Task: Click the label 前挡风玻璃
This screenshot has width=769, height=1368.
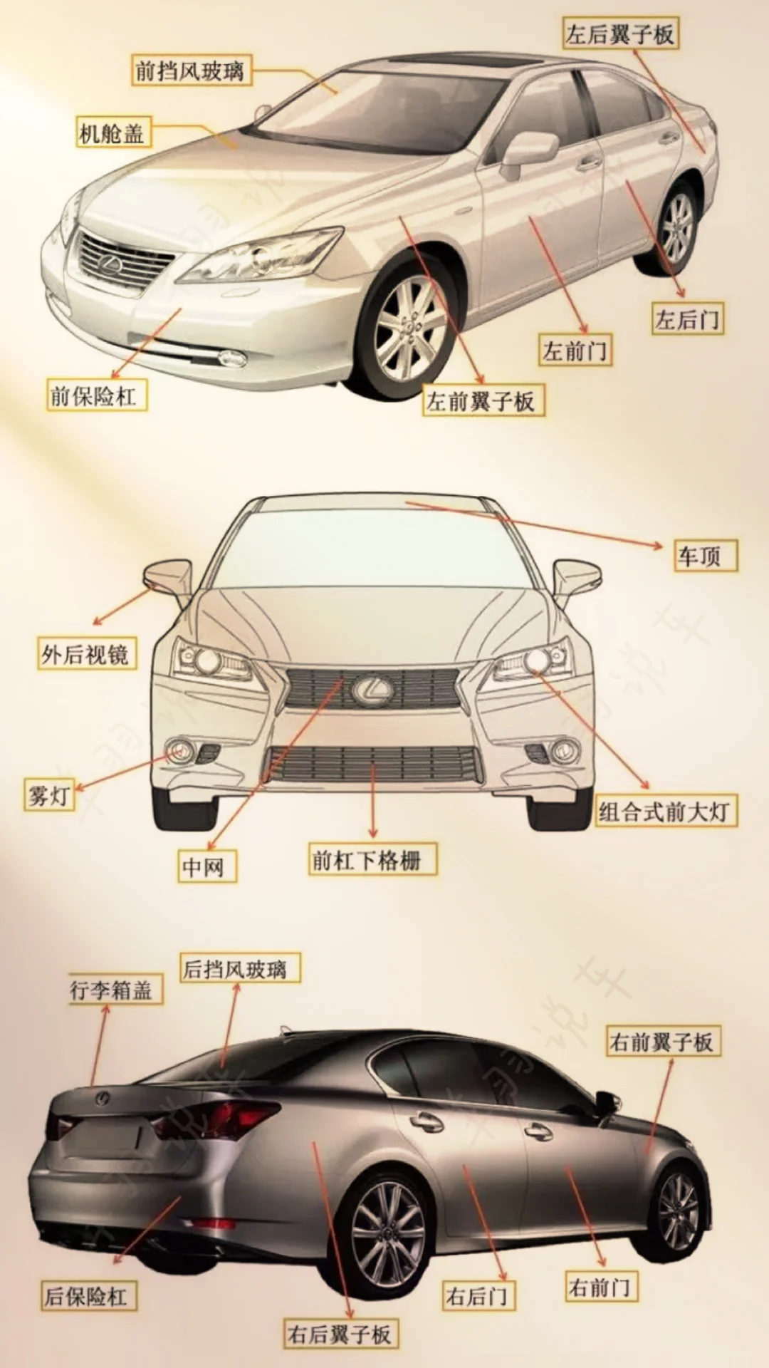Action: point(190,71)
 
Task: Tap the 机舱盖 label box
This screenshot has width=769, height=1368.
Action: point(113,133)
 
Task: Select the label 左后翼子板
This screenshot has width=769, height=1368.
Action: point(619,34)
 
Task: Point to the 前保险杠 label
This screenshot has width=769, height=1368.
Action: point(96,395)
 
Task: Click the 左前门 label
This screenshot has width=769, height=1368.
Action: point(574,351)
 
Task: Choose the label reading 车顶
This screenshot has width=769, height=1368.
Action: point(704,556)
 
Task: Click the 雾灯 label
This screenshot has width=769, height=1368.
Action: point(48,795)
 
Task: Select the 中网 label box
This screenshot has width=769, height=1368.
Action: point(205,866)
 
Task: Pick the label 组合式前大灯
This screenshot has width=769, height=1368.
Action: point(665,811)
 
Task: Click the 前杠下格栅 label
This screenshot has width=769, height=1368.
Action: point(371,860)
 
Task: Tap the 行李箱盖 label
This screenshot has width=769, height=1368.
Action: point(114,990)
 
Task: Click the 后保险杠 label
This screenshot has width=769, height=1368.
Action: point(88,1296)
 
